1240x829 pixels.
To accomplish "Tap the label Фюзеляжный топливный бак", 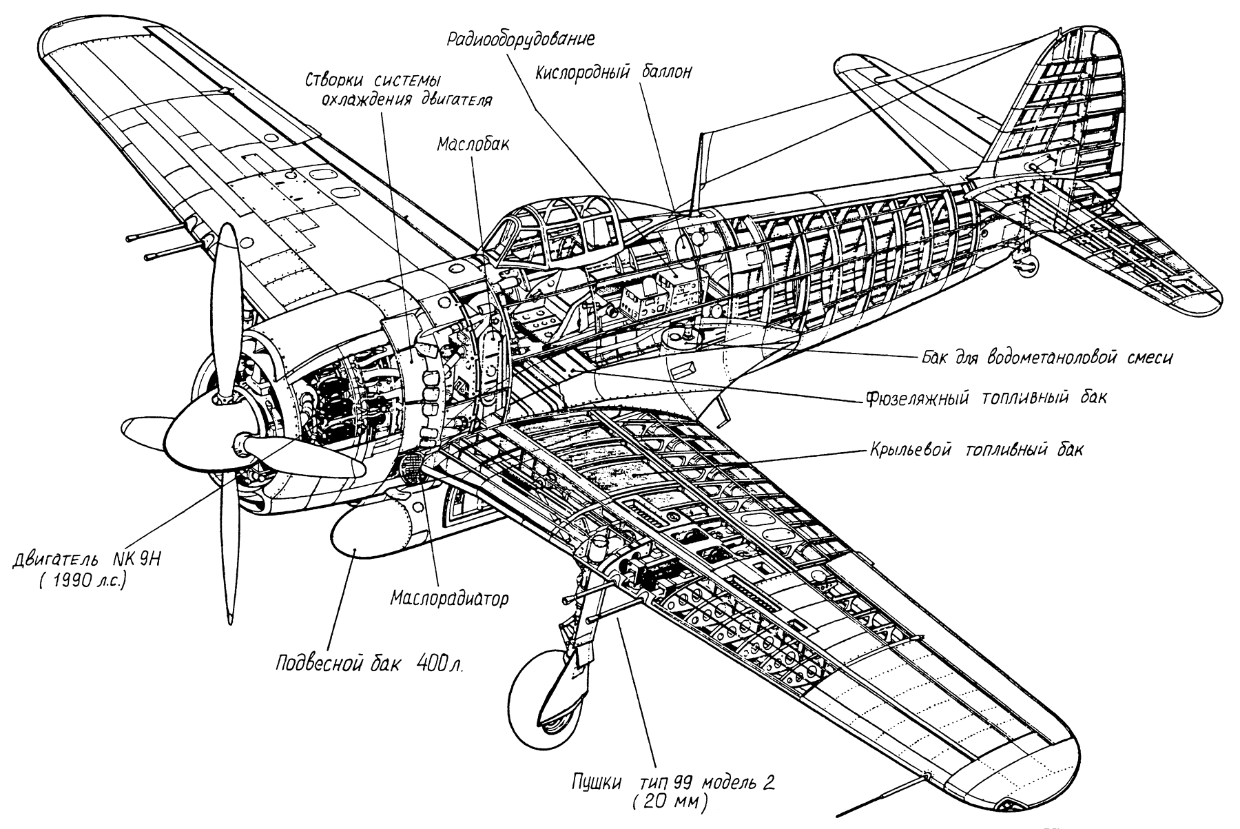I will click(x=984, y=398).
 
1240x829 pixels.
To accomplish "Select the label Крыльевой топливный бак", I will click(x=973, y=450).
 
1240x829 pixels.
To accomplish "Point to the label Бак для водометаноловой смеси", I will click(x=1046, y=358).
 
